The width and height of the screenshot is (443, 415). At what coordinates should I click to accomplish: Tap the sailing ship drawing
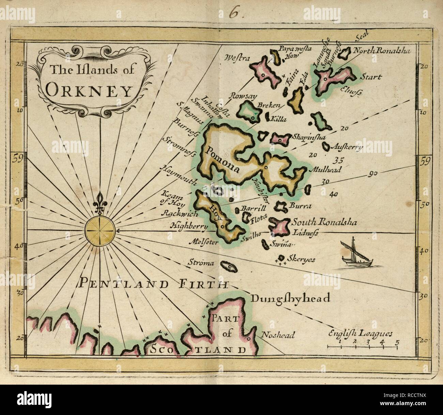[x=354, y=253]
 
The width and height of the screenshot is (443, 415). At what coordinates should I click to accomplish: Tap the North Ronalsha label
[x=381, y=51]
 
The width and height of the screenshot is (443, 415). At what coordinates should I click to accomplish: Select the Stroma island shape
[x=228, y=266]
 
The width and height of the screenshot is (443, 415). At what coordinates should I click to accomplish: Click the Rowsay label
[x=241, y=97]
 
